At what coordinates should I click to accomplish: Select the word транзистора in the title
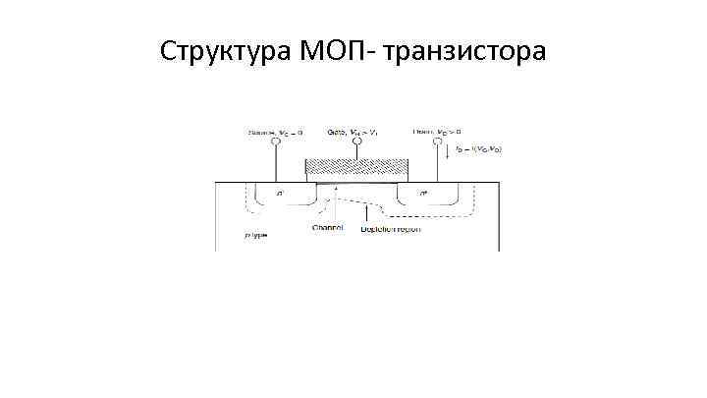click(465, 49)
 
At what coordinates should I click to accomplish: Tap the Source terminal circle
click(276, 142)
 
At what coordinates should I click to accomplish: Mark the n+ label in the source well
click(283, 194)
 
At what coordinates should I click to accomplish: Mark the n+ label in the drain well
click(422, 194)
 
